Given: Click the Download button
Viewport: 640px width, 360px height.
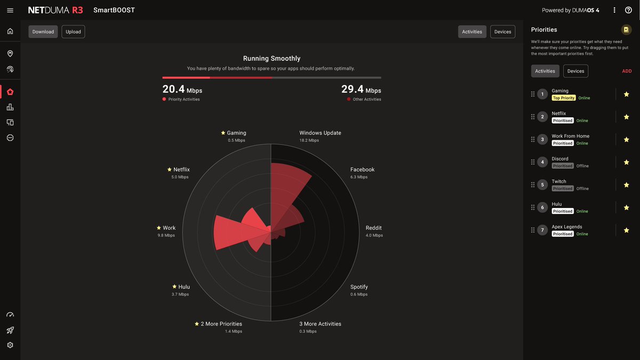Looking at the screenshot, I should click(x=43, y=31).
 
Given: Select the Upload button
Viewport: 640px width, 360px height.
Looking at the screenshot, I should click(x=73, y=31).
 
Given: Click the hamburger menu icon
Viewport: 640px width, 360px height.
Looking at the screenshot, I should click(x=10, y=10).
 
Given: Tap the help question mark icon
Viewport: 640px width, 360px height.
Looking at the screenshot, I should click(x=628, y=10).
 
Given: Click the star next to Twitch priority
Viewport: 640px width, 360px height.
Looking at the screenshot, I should click(x=626, y=185).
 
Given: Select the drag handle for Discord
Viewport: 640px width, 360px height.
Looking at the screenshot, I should click(x=533, y=162).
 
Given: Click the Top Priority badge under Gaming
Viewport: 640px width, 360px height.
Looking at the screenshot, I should click(x=563, y=98).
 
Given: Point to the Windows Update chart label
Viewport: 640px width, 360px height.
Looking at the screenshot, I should click(x=320, y=133).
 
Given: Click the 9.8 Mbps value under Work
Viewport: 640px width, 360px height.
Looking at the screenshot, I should click(x=166, y=235).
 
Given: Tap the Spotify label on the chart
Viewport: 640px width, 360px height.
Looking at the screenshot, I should click(x=359, y=287).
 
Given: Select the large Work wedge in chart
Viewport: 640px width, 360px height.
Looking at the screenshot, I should click(x=229, y=233).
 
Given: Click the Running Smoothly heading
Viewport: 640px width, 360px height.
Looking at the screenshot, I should click(x=271, y=59).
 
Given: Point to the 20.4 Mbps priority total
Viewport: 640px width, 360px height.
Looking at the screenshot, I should click(x=182, y=90).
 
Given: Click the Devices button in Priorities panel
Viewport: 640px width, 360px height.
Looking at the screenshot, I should click(x=575, y=71).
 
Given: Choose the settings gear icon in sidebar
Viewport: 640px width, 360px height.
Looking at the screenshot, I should click(x=10, y=345).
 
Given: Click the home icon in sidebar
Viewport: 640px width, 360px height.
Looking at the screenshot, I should click(x=10, y=31).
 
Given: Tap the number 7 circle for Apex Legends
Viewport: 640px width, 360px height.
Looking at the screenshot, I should click(x=542, y=230).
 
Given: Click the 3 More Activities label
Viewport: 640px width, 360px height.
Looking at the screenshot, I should click(x=320, y=324).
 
